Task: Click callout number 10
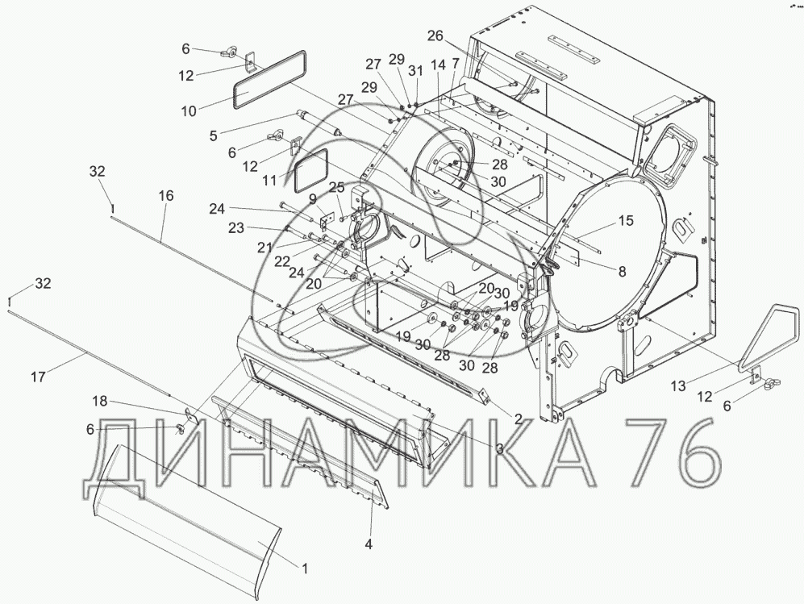click(190, 110)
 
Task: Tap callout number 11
click(269, 181)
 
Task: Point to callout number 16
click(166, 196)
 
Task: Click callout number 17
click(38, 377)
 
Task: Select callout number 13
click(678, 386)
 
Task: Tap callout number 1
click(305, 569)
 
